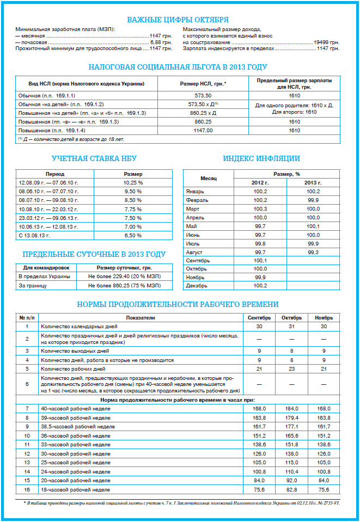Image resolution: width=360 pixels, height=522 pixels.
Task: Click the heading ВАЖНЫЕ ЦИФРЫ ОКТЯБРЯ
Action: point(178,20)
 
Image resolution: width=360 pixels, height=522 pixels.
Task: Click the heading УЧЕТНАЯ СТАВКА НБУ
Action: point(94,159)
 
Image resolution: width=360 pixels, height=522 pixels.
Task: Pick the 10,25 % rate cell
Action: point(133,182)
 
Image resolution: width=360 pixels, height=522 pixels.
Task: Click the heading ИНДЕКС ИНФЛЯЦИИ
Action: point(261,159)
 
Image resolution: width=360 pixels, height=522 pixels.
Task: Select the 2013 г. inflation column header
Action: point(313,183)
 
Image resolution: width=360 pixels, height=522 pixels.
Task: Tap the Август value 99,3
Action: point(313,253)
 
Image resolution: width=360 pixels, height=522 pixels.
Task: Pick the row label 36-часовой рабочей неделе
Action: point(74,435)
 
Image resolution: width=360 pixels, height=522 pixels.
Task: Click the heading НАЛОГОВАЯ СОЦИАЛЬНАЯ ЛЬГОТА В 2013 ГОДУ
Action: point(178,67)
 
